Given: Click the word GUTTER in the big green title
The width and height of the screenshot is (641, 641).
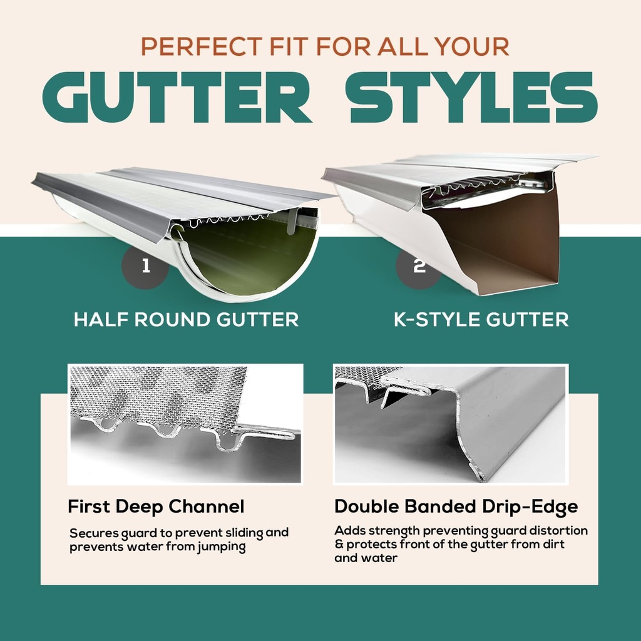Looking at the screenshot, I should point(177,97).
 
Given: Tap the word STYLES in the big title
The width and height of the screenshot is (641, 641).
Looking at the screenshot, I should point(473,97).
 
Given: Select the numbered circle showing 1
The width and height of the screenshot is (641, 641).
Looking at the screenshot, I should point(145,266).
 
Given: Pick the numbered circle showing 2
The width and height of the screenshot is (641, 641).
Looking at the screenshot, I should point(419,266).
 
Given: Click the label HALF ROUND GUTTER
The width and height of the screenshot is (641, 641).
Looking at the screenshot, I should point(186,320).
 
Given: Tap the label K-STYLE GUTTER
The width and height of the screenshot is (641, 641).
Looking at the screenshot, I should point(481,320).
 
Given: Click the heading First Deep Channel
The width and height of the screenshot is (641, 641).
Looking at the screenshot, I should point(156,506).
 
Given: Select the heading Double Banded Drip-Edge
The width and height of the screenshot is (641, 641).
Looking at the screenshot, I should point(456,506).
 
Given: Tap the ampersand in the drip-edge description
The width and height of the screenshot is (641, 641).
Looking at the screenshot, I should point(339,545).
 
